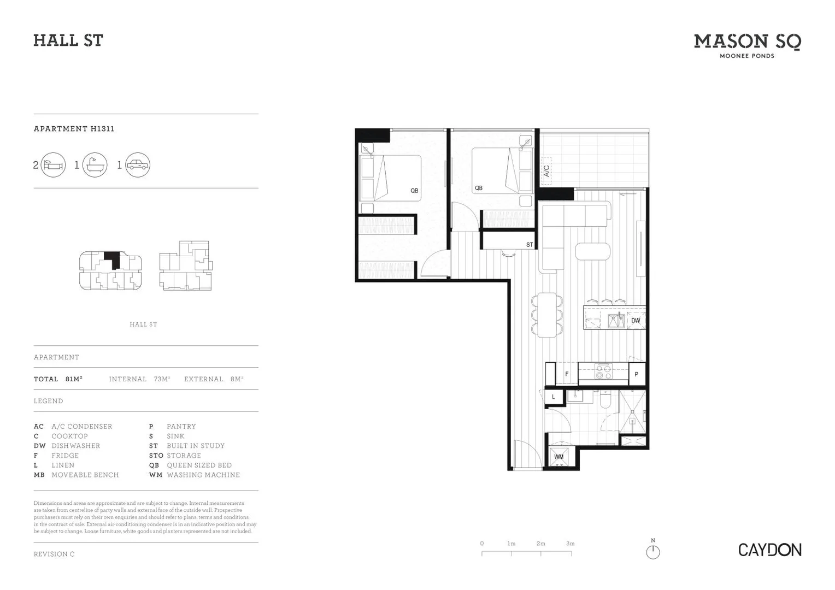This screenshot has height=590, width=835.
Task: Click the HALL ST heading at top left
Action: click(x=68, y=40)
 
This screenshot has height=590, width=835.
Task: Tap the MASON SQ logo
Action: click(x=747, y=43)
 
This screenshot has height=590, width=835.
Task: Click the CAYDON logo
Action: click(x=769, y=550)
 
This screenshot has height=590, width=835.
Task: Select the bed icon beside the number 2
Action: click(x=54, y=165)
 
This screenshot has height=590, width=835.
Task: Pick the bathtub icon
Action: click(x=95, y=165)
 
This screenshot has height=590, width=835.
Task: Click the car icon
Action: click(x=137, y=165)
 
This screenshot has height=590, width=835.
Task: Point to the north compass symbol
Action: click(x=652, y=552)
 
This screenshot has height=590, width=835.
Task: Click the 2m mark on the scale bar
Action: click(x=541, y=544)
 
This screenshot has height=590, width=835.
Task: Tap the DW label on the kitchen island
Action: click(x=636, y=321)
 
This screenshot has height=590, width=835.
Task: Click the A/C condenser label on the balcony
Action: click(x=546, y=170)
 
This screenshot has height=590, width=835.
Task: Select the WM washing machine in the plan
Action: click(x=559, y=457)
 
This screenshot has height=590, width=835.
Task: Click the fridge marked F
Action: click(x=567, y=374)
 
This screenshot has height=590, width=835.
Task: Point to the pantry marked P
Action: click(x=636, y=374)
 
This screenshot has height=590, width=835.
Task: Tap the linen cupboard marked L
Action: click(x=554, y=397)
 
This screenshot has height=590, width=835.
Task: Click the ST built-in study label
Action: click(x=529, y=245)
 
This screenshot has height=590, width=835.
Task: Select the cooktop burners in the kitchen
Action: click(x=603, y=372)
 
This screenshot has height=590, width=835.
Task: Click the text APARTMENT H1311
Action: click(x=74, y=129)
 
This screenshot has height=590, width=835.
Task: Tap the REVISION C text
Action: click(x=54, y=554)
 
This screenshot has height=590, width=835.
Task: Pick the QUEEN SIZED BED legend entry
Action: click(x=191, y=465)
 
